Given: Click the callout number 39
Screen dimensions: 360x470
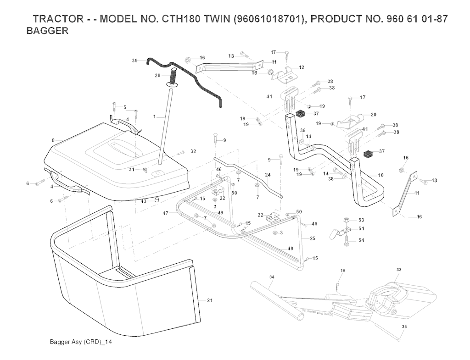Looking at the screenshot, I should click(134, 61).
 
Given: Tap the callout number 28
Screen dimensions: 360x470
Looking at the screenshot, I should click(157, 75).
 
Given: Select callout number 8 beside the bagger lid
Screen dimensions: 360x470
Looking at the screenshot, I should click(53, 140).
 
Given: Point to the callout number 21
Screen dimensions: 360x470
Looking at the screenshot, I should click(210, 301).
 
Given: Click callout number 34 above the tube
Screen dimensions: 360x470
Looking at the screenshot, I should click(272, 277).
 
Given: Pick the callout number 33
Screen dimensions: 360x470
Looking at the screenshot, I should click(398, 270).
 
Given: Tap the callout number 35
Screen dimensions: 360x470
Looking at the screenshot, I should click(404, 327).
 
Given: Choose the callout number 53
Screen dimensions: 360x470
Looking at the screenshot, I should click(361, 220).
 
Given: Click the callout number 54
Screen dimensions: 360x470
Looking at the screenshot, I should click(361, 240).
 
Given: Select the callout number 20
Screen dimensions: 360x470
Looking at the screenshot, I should click(373, 114).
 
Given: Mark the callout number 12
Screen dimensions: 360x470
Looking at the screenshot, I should click(301, 67).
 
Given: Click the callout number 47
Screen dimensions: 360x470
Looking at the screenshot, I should click(165, 213).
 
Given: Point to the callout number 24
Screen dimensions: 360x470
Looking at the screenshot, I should click(268, 175).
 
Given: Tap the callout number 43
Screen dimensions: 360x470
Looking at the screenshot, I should click(144, 201).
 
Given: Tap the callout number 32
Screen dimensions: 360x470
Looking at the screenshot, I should click(193, 151).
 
